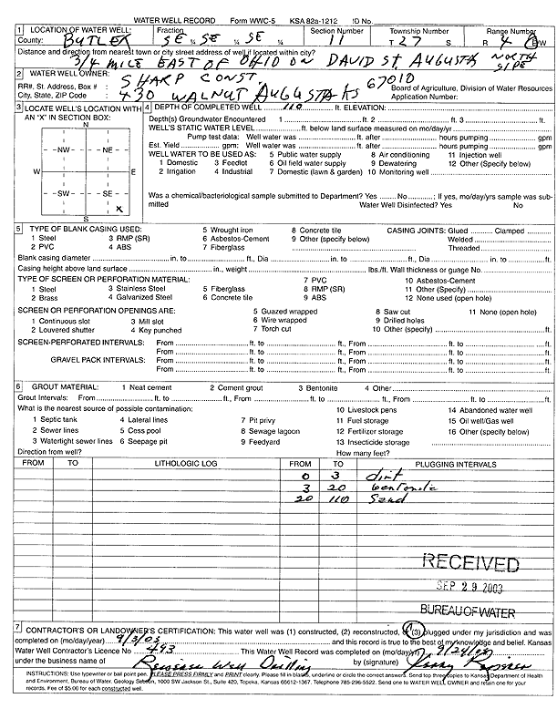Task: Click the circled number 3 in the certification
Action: pos(415,630)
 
